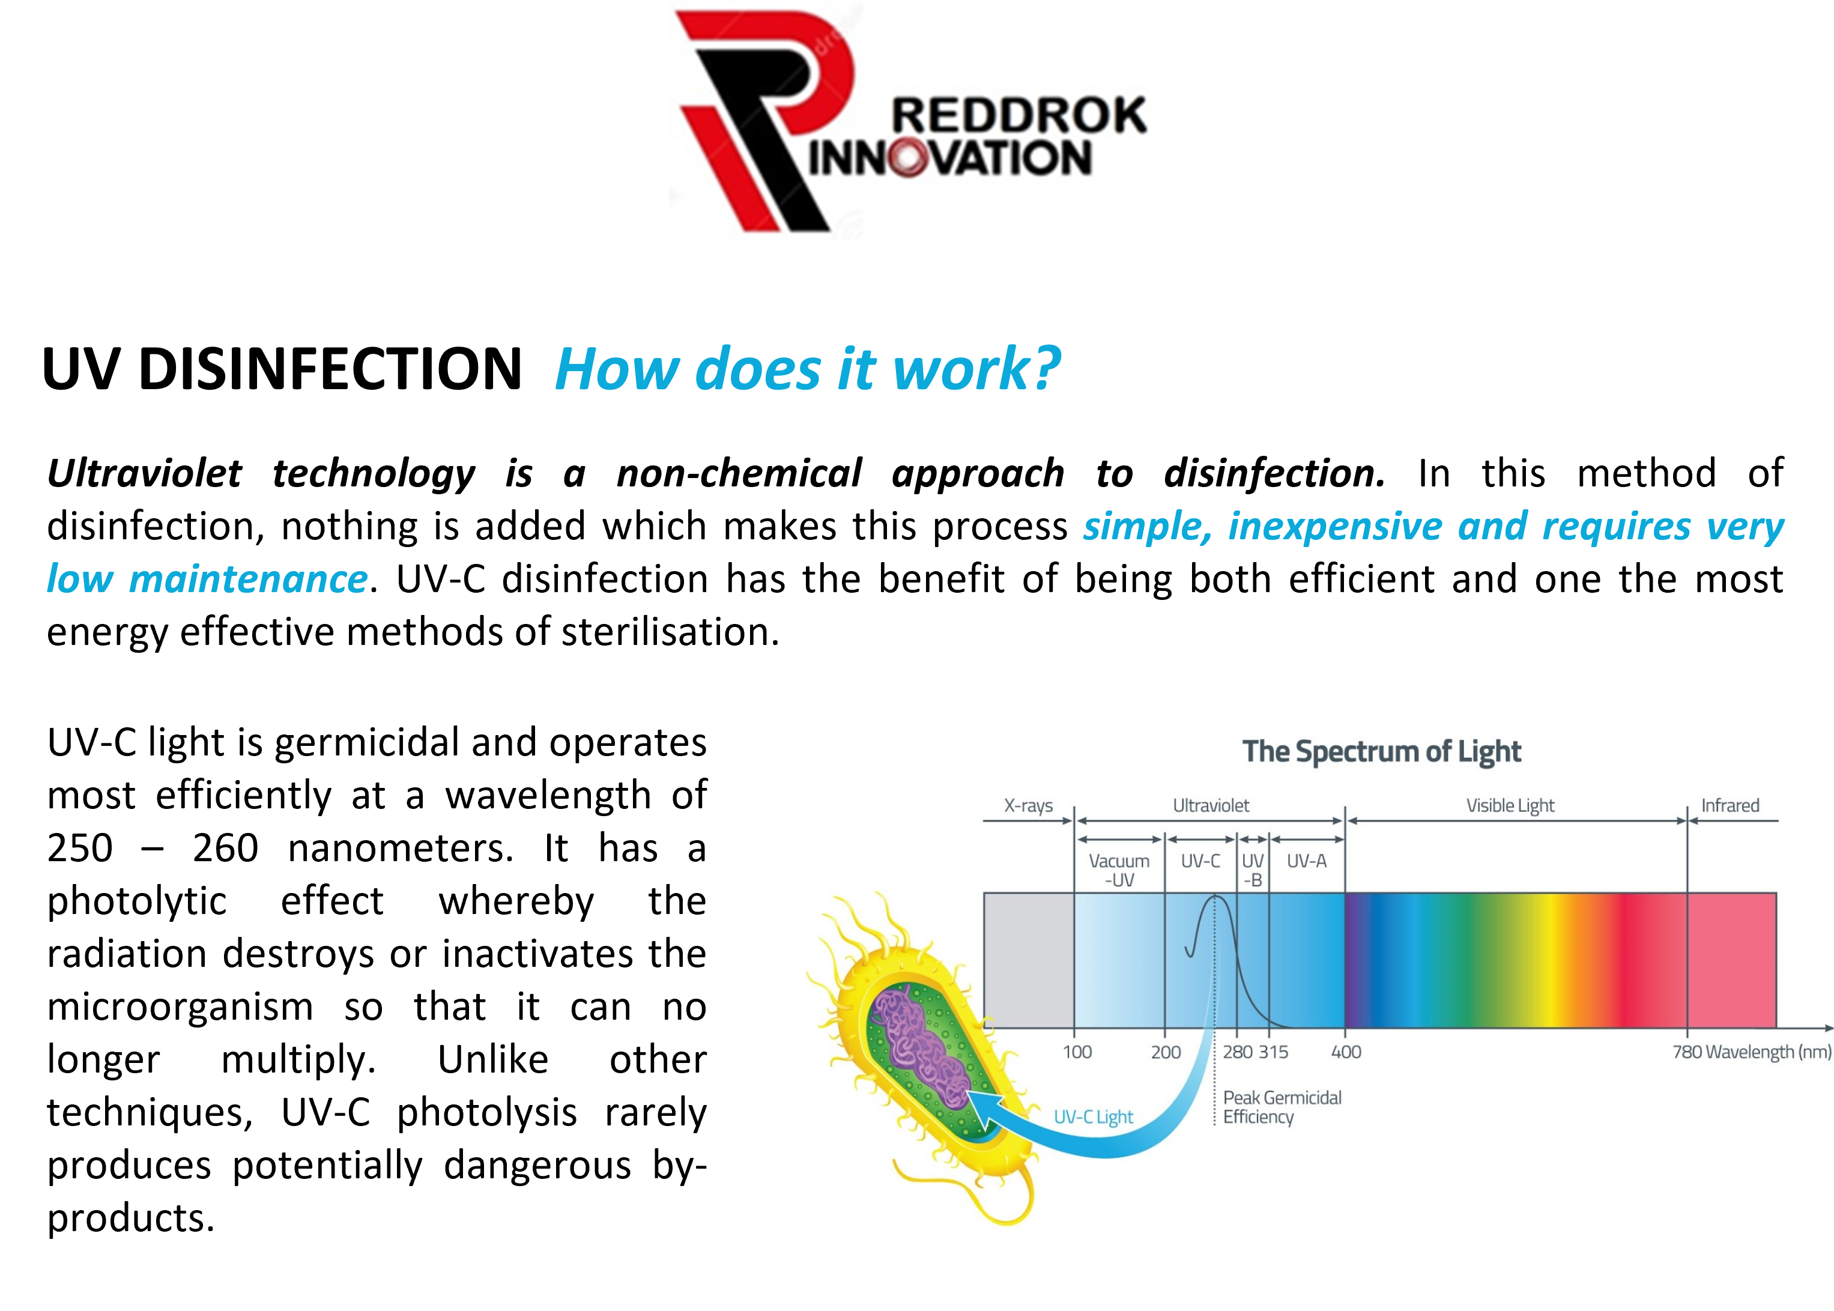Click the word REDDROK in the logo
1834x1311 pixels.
[1018, 115]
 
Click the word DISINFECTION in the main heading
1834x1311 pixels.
[330, 369]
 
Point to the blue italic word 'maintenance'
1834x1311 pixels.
[249, 579]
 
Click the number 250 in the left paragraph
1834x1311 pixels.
[80, 847]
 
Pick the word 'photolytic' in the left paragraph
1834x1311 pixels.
[138, 901]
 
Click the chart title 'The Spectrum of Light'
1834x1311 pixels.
[1381, 751]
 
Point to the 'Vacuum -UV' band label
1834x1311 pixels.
[1119, 870]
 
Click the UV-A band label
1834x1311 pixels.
[1306, 861]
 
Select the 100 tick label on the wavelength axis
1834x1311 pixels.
[1077, 1052]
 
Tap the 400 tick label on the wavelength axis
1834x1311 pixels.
[1346, 1052]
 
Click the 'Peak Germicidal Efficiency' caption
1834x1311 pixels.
[1282, 1107]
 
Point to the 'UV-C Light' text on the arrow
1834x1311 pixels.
[1093, 1116]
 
